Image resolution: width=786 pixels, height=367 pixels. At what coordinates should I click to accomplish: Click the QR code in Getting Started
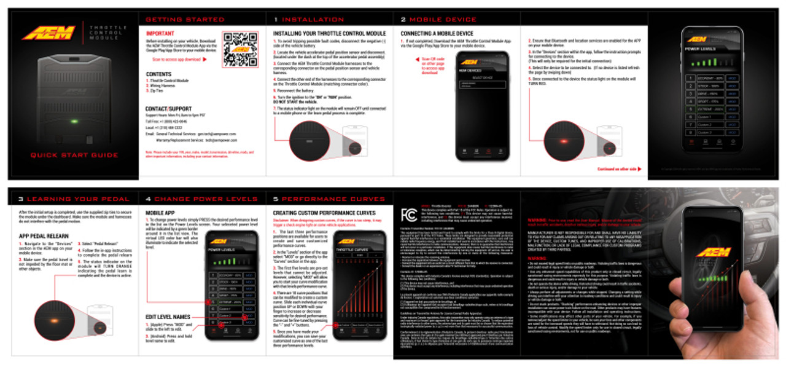click(x=240, y=49)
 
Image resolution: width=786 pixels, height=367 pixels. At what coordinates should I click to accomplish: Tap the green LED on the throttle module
click(x=74, y=121)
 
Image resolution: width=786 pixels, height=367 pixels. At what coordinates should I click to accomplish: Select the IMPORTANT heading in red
click(x=160, y=33)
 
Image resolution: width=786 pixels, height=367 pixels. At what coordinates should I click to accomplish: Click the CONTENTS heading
click(x=158, y=74)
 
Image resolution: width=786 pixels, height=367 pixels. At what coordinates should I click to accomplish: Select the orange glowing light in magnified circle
click(x=54, y=322)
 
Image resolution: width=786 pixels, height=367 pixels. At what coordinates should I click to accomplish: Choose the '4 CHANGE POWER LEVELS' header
click(x=202, y=199)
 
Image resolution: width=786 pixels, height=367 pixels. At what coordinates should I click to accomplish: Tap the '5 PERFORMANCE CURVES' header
click(x=329, y=199)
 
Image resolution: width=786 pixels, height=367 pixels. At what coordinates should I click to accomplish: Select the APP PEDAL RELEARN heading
click(x=44, y=235)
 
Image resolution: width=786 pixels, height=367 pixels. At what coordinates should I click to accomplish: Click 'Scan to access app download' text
click(x=178, y=60)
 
